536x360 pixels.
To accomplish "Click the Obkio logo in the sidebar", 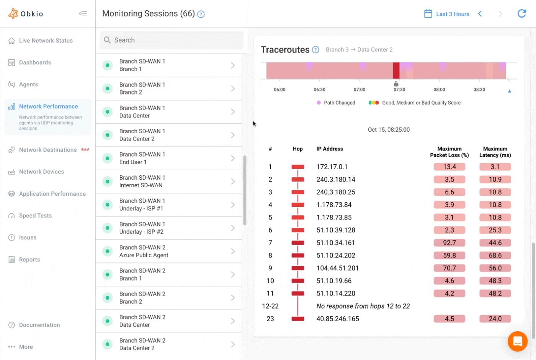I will (x=26, y=14).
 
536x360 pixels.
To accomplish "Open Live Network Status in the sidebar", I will (x=46, y=41).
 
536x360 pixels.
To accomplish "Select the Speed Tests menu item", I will (x=35, y=216).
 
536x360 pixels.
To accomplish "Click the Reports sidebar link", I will (x=29, y=260).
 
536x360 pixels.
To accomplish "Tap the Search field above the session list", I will (x=172, y=40).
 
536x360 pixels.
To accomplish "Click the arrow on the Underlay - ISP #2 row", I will (x=233, y=228).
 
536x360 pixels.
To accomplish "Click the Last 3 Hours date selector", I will (x=447, y=14).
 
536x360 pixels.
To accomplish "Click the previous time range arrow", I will (x=480, y=14).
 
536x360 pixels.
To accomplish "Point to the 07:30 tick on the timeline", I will (x=399, y=90).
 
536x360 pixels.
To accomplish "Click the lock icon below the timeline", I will (x=396, y=83).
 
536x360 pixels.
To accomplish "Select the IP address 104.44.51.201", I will (x=337, y=268).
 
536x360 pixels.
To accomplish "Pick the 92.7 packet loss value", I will (x=449, y=243).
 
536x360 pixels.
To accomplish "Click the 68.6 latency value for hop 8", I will (x=495, y=255).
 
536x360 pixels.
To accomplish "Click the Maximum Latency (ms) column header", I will (x=495, y=152).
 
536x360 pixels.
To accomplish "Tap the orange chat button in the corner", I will (x=518, y=341).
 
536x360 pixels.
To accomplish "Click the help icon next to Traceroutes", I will (x=315, y=50).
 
